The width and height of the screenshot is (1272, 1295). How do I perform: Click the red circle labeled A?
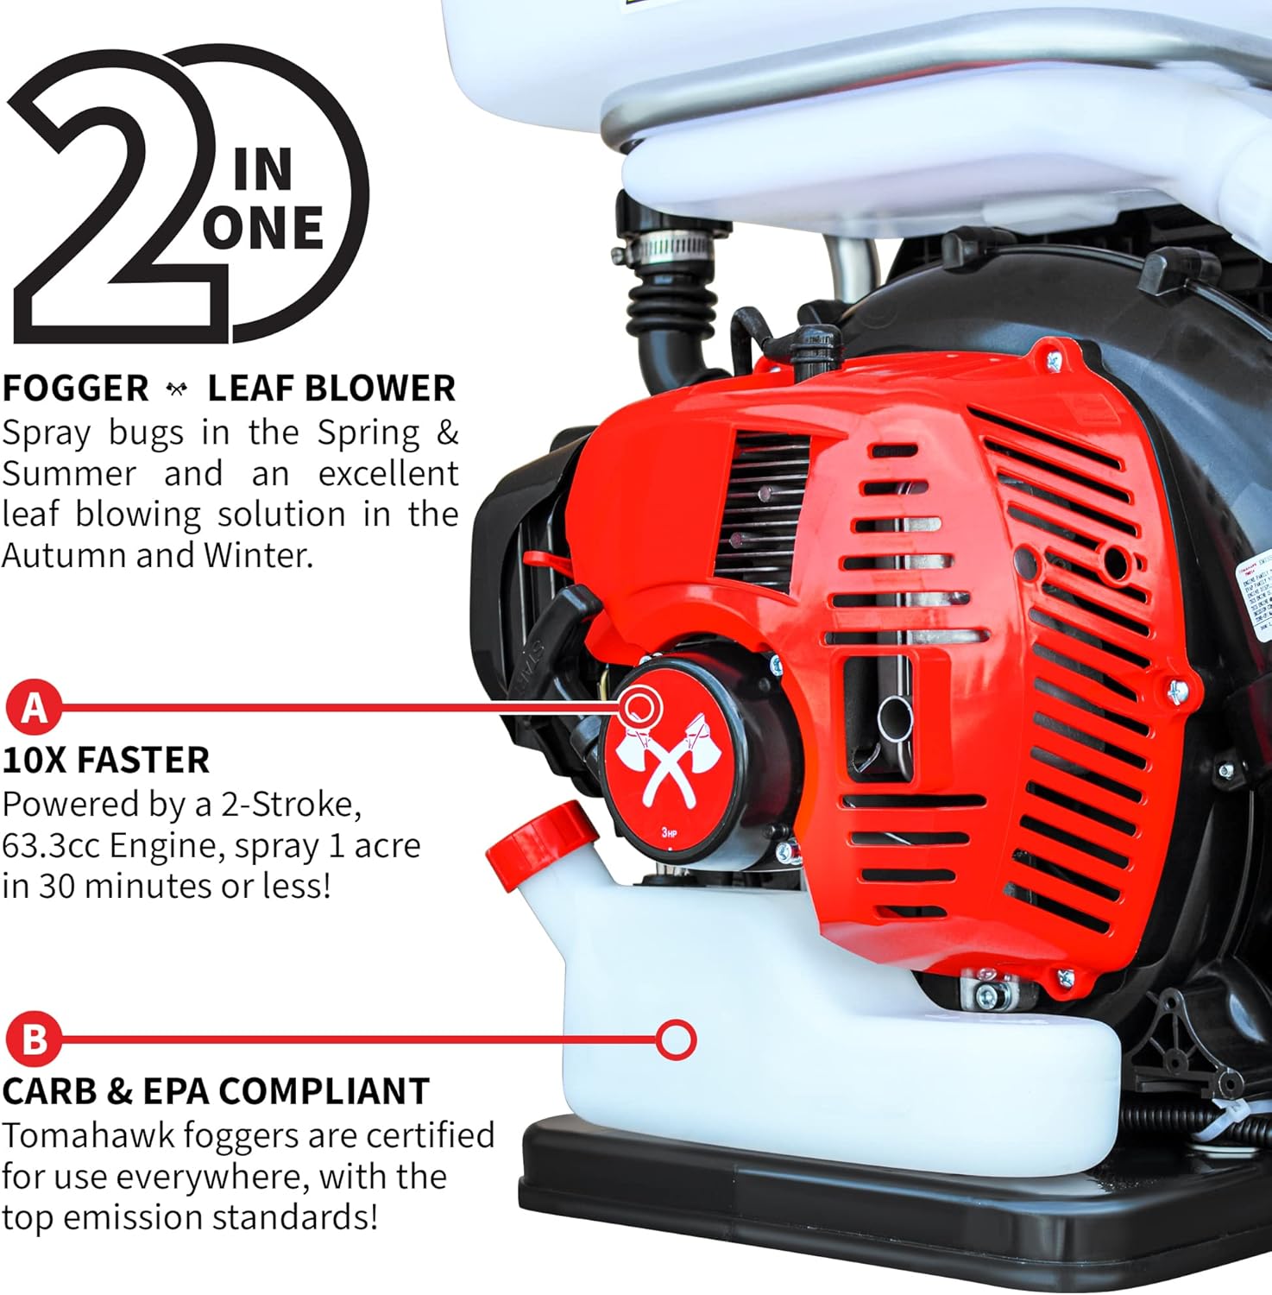[34, 707]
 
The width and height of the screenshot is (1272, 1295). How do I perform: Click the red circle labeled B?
[34, 1039]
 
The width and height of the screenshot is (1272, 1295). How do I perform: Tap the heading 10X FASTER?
[105, 761]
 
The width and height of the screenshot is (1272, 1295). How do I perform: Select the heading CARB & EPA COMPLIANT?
[215, 1091]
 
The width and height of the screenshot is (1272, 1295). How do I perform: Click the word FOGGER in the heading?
[76, 388]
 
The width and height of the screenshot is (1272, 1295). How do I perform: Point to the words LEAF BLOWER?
[331, 388]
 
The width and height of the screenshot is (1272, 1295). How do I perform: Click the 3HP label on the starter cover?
[670, 832]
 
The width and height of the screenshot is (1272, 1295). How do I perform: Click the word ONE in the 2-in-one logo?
[263, 228]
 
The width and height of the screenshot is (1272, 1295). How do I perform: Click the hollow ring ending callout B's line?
[676, 1039]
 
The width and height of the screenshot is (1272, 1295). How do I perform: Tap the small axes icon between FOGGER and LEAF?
[178, 389]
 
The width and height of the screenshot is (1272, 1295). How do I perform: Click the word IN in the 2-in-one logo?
[263, 169]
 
